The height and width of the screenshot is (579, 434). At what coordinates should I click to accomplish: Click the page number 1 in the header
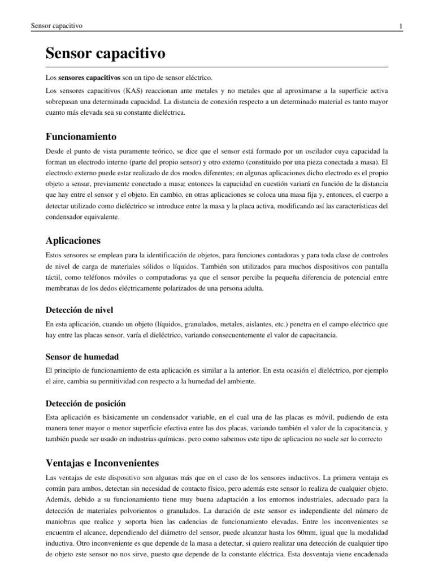(400, 26)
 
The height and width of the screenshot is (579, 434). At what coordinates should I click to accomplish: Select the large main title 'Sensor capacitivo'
(105, 54)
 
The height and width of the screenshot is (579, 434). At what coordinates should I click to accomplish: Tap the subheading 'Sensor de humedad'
(82, 357)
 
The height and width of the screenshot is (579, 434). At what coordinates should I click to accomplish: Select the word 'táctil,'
(55, 278)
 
